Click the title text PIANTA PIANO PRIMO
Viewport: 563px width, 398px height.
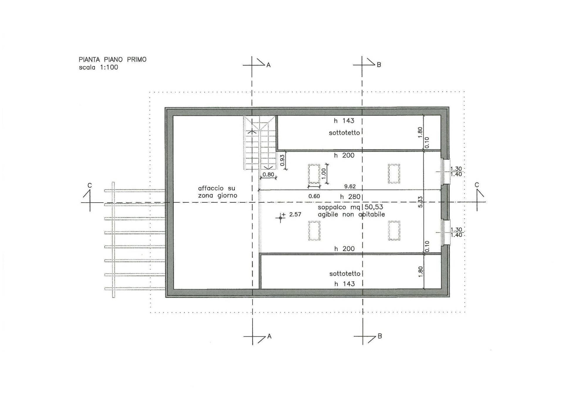(112, 60)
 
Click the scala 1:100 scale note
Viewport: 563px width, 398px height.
(98, 67)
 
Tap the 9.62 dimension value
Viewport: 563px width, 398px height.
(350, 187)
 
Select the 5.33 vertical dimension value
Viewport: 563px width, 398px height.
(420, 202)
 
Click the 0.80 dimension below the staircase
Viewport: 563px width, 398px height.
(268, 175)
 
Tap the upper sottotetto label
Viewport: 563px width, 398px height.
(344, 133)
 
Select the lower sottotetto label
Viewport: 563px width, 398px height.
(345, 274)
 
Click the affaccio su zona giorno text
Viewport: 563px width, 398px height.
(217, 192)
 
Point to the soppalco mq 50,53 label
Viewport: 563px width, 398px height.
(350, 207)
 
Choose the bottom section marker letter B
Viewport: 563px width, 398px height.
(379, 336)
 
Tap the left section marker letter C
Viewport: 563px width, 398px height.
(90, 185)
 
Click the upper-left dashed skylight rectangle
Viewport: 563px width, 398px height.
(314, 174)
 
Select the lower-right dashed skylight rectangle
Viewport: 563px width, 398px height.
(394, 231)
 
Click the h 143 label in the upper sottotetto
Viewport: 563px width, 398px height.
(344, 121)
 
